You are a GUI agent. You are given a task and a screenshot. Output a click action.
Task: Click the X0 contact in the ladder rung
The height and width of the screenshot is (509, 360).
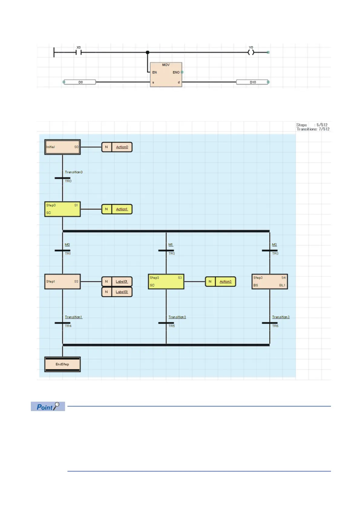click(x=79, y=52)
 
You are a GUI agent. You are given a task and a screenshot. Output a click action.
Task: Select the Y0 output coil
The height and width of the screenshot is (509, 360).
click(x=251, y=52)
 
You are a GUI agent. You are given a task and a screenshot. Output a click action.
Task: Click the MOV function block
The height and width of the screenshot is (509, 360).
click(x=166, y=75)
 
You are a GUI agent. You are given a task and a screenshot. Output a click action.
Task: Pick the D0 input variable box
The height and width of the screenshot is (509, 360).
click(x=80, y=82)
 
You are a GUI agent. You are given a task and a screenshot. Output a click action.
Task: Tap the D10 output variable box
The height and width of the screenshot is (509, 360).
click(x=252, y=82)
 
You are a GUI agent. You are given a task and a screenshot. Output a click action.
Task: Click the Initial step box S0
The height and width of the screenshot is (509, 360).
click(x=62, y=147)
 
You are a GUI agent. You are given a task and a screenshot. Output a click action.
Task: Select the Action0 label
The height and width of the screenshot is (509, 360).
click(x=122, y=147)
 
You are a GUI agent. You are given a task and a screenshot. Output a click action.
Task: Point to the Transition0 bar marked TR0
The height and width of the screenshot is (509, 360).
click(x=62, y=178)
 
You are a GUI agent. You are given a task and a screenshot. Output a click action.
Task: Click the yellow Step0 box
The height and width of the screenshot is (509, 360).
click(x=62, y=209)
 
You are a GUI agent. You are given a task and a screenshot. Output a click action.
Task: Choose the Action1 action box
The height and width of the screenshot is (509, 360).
click(x=117, y=209)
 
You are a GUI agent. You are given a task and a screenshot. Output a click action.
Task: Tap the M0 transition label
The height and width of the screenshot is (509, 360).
click(x=67, y=245)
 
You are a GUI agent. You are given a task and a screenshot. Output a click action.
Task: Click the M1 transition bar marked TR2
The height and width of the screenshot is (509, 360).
click(x=166, y=251)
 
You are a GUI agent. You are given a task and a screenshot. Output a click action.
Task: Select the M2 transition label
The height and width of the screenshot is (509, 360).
click(x=274, y=245)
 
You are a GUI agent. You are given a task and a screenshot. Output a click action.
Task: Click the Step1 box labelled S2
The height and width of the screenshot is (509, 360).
click(x=62, y=282)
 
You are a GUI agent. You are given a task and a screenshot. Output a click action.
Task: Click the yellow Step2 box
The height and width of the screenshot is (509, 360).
click(x=166, y=282)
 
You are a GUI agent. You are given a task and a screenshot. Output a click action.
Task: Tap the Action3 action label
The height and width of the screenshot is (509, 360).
click(x=225, y=282)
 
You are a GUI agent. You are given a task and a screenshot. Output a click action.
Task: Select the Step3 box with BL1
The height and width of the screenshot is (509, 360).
click(x=270, y=282)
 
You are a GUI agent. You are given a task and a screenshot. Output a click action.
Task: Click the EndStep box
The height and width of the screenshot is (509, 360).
click(x=62, y=365)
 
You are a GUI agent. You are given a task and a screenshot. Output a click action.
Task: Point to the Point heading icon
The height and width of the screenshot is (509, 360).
click(x=48, y=407)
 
